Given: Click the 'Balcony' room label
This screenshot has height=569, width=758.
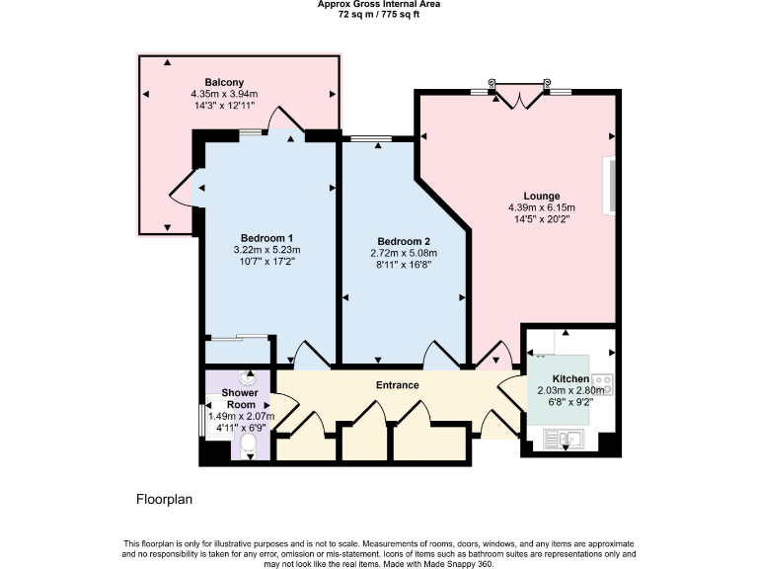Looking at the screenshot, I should click(x=224, y=82).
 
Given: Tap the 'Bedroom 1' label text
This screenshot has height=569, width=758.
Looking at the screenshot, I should click(x=266, y=238).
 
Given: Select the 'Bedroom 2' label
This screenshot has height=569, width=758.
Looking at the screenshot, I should click(x=404, y=241).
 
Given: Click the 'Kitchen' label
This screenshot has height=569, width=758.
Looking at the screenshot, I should click(x=570, y=379).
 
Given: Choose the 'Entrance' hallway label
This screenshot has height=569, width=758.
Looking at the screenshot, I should click(x=397, y=384).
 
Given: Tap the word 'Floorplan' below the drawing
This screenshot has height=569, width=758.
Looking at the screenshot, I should click(x=164, y=500).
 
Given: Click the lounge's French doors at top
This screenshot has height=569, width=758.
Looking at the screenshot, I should click(x=519, y=95).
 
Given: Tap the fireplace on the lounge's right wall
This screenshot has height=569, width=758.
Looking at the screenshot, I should click(x=612, y=186).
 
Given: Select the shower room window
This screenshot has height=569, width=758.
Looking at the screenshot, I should click(x=204, y=419).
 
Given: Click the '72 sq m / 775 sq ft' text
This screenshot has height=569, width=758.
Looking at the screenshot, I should click(x=379, y=15).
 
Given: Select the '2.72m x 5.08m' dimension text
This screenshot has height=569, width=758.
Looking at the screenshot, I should click(x=404, y=253).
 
